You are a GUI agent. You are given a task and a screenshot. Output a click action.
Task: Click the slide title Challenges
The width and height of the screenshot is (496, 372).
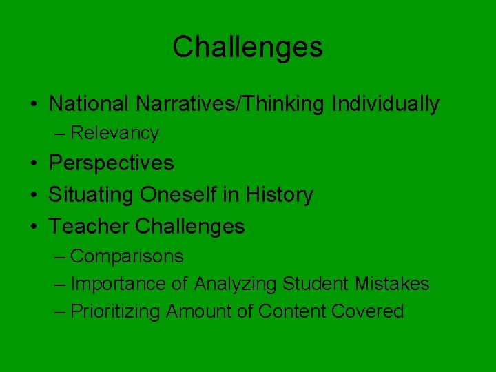tap(247, 48)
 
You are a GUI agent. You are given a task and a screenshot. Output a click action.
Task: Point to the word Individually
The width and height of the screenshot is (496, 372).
tap(385, 104)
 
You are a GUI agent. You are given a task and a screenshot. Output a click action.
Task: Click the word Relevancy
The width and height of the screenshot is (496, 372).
tap(114, 133)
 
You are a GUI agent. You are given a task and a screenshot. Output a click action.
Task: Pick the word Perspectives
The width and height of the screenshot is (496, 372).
tap(111, 163)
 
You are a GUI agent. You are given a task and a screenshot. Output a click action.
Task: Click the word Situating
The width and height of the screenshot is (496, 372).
tap(92, 195)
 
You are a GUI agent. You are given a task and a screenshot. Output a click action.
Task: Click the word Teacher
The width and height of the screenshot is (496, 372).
tap(90, 226)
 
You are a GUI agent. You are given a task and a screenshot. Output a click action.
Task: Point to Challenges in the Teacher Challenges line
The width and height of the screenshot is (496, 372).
tap(190, 226)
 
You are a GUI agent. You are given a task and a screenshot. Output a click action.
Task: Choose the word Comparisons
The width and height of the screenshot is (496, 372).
tap(127, 256)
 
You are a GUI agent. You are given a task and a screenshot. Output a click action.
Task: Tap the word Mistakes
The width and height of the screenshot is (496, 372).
tap(392, 284)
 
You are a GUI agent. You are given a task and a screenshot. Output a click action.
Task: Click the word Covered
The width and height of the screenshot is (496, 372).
tap(367, 311)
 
